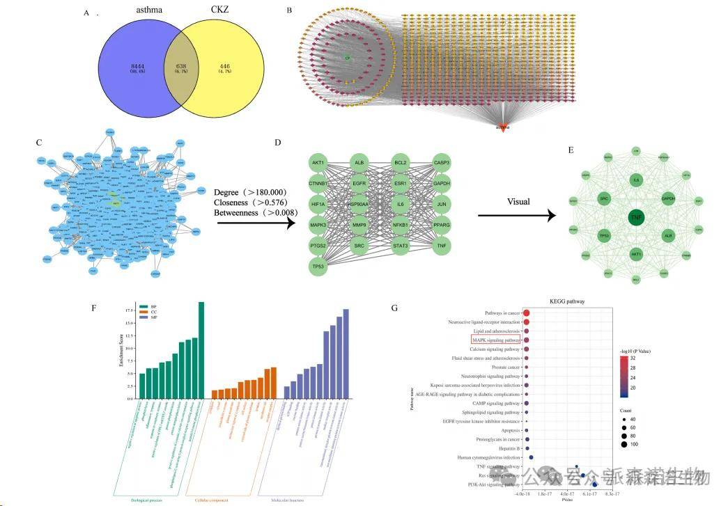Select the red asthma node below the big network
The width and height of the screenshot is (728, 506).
click(502, 126)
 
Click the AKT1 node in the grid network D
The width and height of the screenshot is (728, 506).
click(318, 163)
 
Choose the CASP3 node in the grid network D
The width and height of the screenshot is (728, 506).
click(441, 163)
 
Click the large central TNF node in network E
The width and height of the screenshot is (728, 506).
click(635, 218)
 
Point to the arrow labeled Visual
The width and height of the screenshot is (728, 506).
click(517, 216)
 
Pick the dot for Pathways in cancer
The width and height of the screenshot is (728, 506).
click(527, 313)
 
